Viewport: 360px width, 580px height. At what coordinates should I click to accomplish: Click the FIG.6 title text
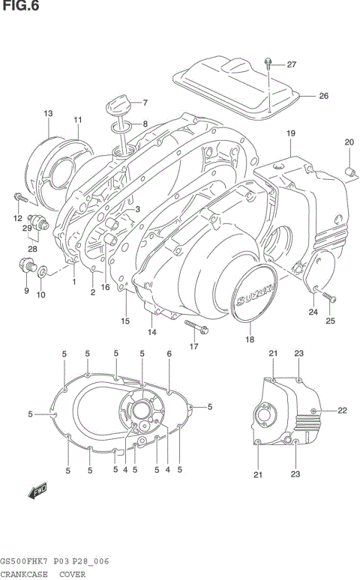(19, 7)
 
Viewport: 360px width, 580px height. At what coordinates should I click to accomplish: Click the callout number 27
(291, 64)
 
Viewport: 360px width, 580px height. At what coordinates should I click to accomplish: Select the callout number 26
(323, 95)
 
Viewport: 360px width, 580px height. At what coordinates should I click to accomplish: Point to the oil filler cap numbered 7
(118, 103)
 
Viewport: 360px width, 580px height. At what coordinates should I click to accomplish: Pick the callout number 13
(48, 113)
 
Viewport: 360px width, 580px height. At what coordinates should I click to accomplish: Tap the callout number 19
(289, 133)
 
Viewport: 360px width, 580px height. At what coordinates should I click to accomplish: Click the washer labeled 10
(44, 270)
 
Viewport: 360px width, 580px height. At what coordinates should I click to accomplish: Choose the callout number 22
(342, 410)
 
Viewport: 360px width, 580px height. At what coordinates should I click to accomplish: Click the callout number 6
(169, 354)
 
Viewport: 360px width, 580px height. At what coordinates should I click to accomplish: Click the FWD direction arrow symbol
(35, 492)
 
